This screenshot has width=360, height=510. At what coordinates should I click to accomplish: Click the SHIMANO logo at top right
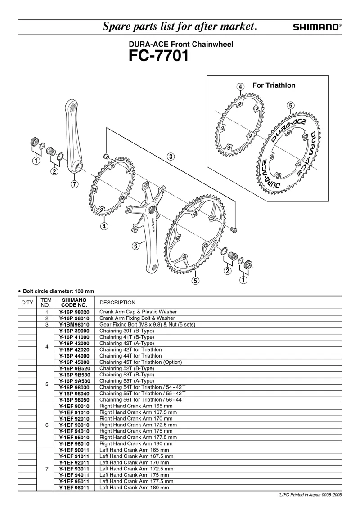(x=317, y=27)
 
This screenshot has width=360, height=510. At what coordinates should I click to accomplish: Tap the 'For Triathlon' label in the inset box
(x=274, y=85)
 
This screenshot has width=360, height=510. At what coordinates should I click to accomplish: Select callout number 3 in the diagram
(x=171, y=157)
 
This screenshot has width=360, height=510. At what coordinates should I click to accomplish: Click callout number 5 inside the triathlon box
(x=290, y=105)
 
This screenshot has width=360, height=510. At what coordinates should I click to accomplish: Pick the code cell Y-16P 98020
(x=74, y=312)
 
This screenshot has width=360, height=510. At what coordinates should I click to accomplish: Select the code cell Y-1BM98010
(x=74, y=324)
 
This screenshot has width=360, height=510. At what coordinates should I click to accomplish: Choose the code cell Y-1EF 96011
(x=74, y=488)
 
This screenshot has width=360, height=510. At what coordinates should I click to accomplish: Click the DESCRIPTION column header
(x=117, y=303)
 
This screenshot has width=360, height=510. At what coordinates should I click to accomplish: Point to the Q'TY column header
(x=27, y=303)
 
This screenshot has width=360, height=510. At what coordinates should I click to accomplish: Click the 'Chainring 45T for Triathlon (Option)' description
(x=140, y=362)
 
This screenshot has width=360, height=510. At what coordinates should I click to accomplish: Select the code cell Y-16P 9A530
(x=74, y=381)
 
